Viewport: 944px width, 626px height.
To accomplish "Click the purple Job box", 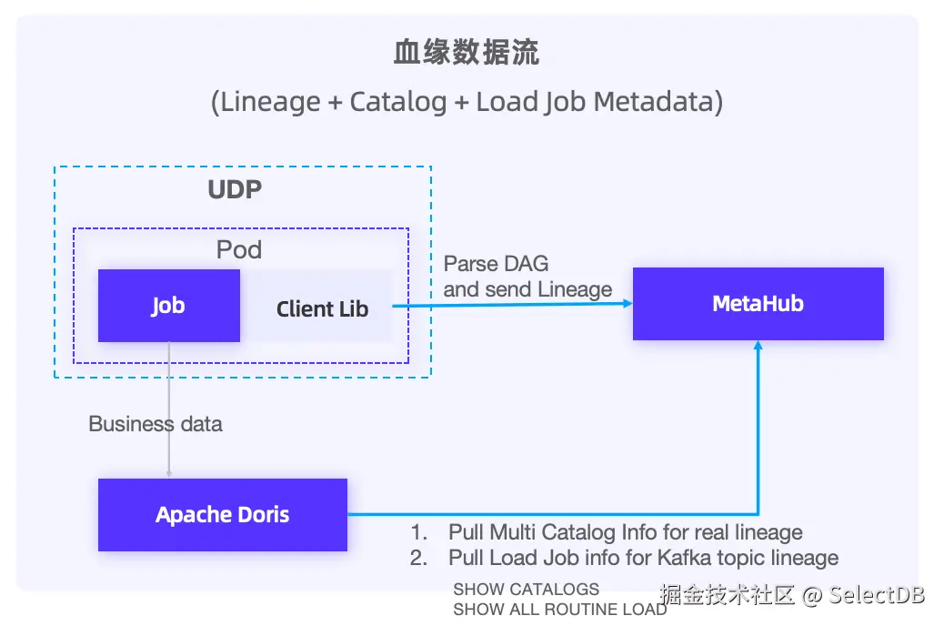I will (x=168, y=306).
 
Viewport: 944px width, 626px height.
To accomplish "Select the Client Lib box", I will (x=322, y=308).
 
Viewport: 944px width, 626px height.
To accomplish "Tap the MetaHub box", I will (x=758, y=304).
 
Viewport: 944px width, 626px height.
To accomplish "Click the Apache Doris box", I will (x=222, y=515).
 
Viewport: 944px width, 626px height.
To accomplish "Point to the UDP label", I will (x=235, y=190).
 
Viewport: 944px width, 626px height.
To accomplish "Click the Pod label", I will (x=239, y=249).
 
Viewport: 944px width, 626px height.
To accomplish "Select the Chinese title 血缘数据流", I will (x=467, y=53).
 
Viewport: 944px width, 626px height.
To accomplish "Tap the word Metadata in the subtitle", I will (x=658, y=102).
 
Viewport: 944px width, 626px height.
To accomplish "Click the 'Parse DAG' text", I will (x=496, y=265).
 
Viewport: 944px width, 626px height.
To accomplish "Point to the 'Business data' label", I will (x=155, y=424).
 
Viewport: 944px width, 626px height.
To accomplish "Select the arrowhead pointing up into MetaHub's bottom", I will (x=758, y=348).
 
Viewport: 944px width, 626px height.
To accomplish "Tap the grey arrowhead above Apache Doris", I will (x=168, y=472).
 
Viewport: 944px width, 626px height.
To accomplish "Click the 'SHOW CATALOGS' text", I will (x=526, y=590).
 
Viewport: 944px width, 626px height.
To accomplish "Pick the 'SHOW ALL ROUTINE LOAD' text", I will (x=559, y=610).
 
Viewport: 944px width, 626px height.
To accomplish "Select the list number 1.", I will (x=417, y=532).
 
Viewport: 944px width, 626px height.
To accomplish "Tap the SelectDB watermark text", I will (x=876, y=596).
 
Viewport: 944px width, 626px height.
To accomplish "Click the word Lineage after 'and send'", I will (x=574, y=290).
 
